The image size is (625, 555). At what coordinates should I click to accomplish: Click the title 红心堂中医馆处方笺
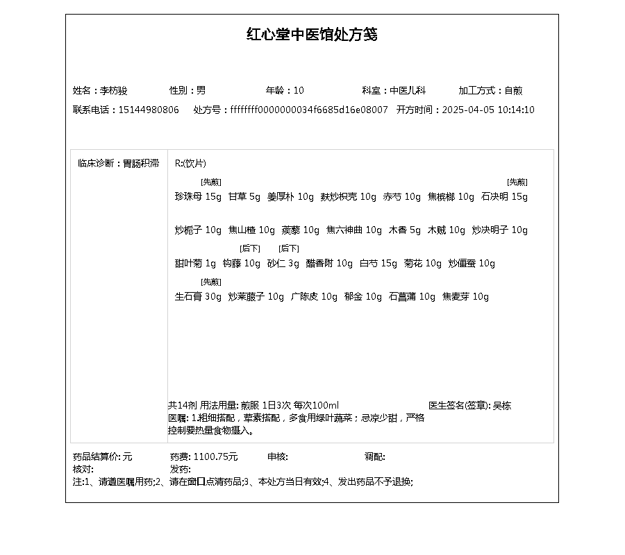pyautogui.click(x=312, y=35)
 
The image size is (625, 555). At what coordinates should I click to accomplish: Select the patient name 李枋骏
pyautogui.click(x=114, y=90)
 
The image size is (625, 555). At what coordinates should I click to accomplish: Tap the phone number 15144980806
pyautogui.click(x=149, y=110)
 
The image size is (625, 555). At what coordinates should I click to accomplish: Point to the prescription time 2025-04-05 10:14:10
pyautogui.click(x=488, y=110)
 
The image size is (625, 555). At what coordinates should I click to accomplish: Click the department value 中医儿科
pyautogui.click(x=408, y=90)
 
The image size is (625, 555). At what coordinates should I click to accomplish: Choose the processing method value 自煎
pyautogui.click(x=513, y=90)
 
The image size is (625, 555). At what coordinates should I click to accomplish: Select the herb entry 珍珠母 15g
pyautogui.click(x=198, y=197)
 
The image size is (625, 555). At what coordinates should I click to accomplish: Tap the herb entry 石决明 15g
pyautogui.click(x=504, y=197)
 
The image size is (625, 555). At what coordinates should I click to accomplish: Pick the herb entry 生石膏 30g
pyautogui.click(x=198, y=297)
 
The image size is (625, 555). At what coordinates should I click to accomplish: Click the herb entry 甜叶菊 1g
pyautogui.click(x=195, y=264)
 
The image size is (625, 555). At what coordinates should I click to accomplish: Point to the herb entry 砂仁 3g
pyautogui.click(x=283, y=264)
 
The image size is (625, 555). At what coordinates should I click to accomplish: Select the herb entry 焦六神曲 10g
pyautogui.click(x=354, y=230)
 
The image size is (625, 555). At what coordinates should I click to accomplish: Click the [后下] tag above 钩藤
pyautogui.click(x=250, y=248)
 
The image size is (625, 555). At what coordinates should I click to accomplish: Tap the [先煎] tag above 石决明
pyautogui.click(x=517, y=182)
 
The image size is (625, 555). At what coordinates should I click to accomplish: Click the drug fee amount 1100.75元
pyautogui.click(x=215, y=456)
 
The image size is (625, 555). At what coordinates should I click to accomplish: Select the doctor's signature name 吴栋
pyautogui.click(x=502, y=406)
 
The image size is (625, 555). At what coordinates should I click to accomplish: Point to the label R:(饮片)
pyautogui.click(x=190, y=164)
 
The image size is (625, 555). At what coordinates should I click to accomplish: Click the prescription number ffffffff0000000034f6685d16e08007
pyautogui.click(x=309, y=110)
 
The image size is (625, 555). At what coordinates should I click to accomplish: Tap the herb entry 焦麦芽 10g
pyautogui.click(x=465, y=297)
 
